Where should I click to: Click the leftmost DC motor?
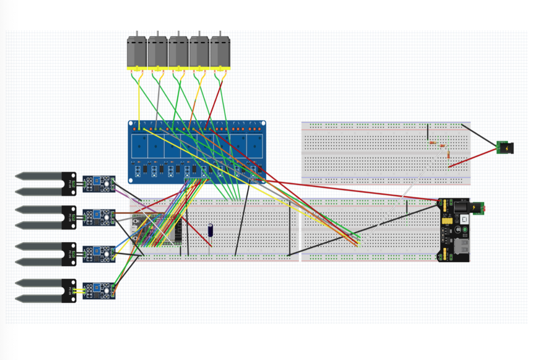click(137, 52)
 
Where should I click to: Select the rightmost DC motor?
click(220, 52)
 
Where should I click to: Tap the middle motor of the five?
click(179, 52)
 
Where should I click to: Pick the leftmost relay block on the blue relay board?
click(139, 145)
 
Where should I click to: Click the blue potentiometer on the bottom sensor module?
click(96, 287)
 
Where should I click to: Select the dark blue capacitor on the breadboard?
click(210, 230)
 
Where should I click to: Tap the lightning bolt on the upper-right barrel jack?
click(507, 148)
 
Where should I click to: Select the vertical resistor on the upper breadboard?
click(449, 155)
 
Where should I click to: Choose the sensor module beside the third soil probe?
click(99, 253)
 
